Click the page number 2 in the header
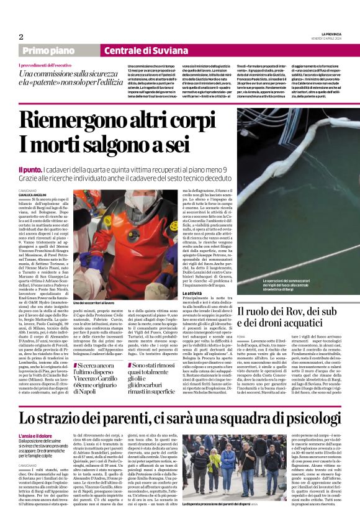click(x=21, y=36)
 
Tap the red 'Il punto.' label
click(x=31, y=168)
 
